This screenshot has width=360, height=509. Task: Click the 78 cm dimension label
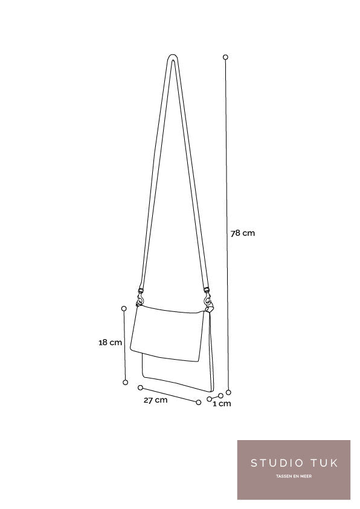pyautogui.click(x=243, y=233)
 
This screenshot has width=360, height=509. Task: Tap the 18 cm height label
pyautogui.click(x=111, y=343)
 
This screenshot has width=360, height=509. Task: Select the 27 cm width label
pyautogui.click(x=156, y=400)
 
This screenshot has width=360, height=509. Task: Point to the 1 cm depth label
pyautogui.click(x=222, y=404)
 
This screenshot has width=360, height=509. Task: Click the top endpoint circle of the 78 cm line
pyautogui.click(x=225, y=57)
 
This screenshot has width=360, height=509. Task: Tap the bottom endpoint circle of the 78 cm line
pyautogui.click(x=228, y=392)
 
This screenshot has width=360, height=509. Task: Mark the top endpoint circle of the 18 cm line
pyautogui.click(x=124, y=308)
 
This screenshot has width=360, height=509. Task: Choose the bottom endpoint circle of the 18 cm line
pyautogui.click(x=126, y=383)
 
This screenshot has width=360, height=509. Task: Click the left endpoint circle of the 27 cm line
pyautogui.click(x=140, y=387)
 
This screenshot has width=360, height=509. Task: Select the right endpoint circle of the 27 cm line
pyautogui.click(x=199, y=403)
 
